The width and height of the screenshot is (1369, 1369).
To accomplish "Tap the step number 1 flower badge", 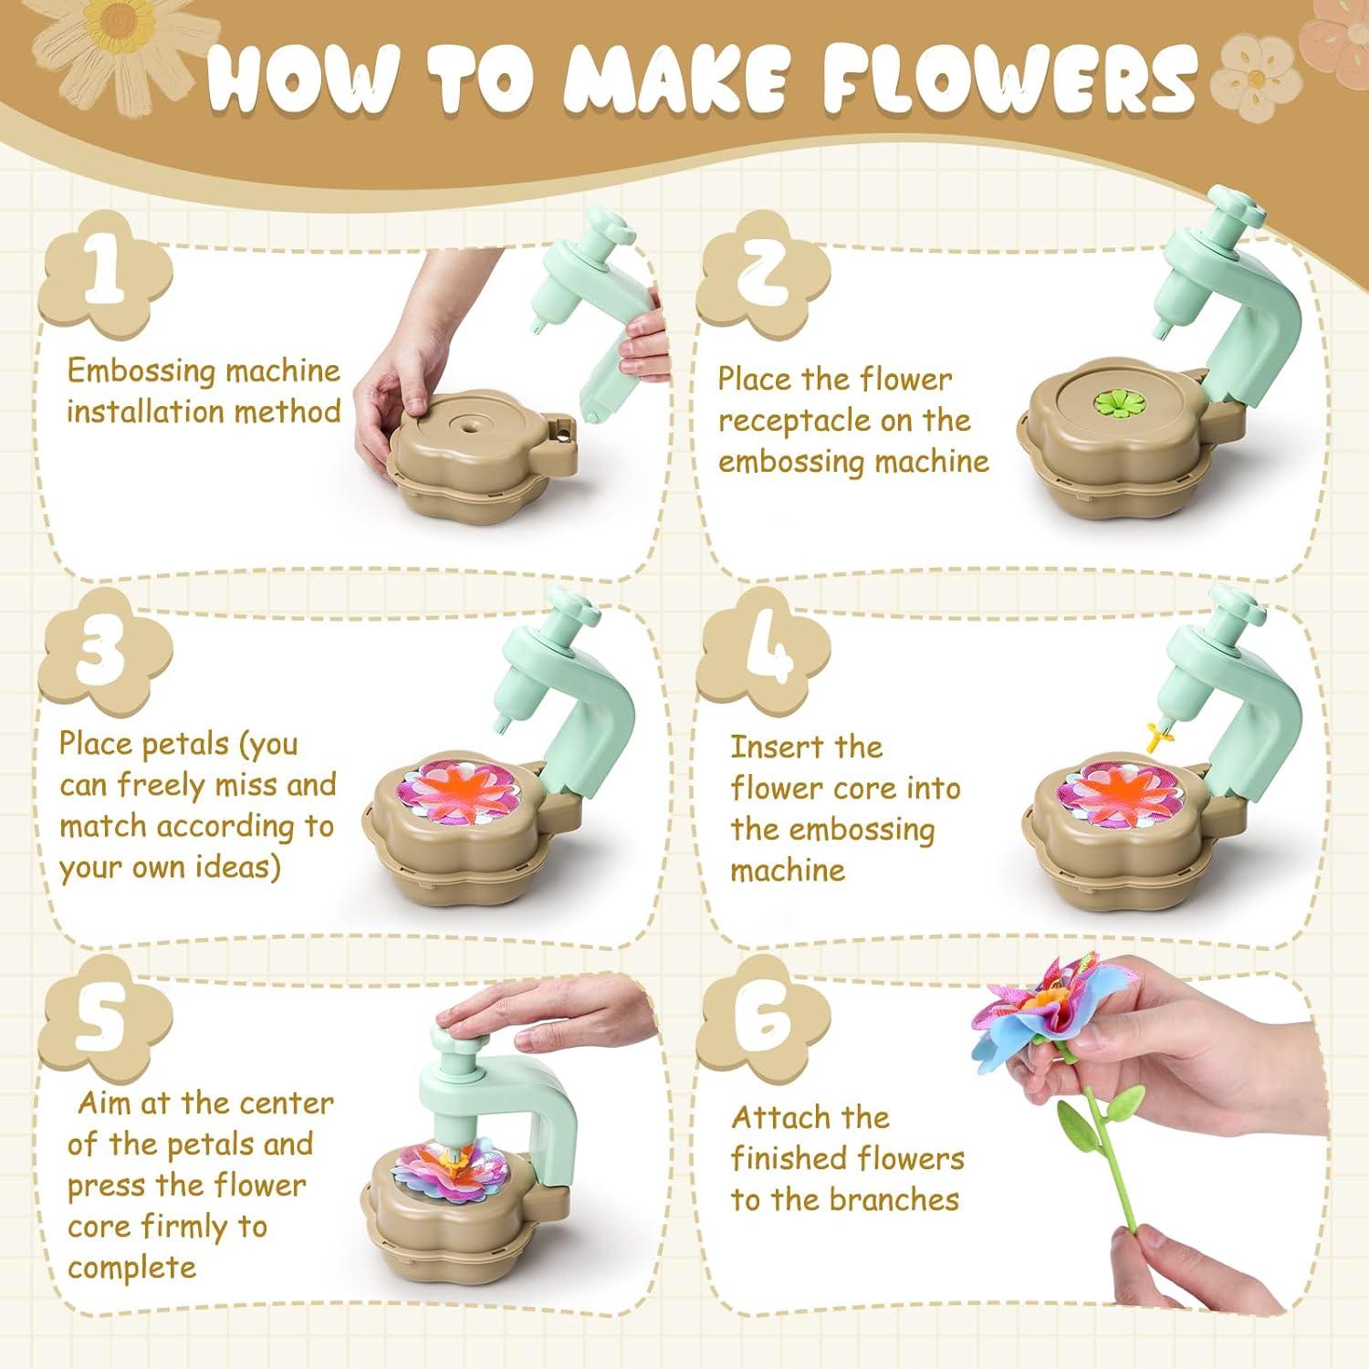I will point(106,274).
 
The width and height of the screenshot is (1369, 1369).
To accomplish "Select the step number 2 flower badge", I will point(763,274).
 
